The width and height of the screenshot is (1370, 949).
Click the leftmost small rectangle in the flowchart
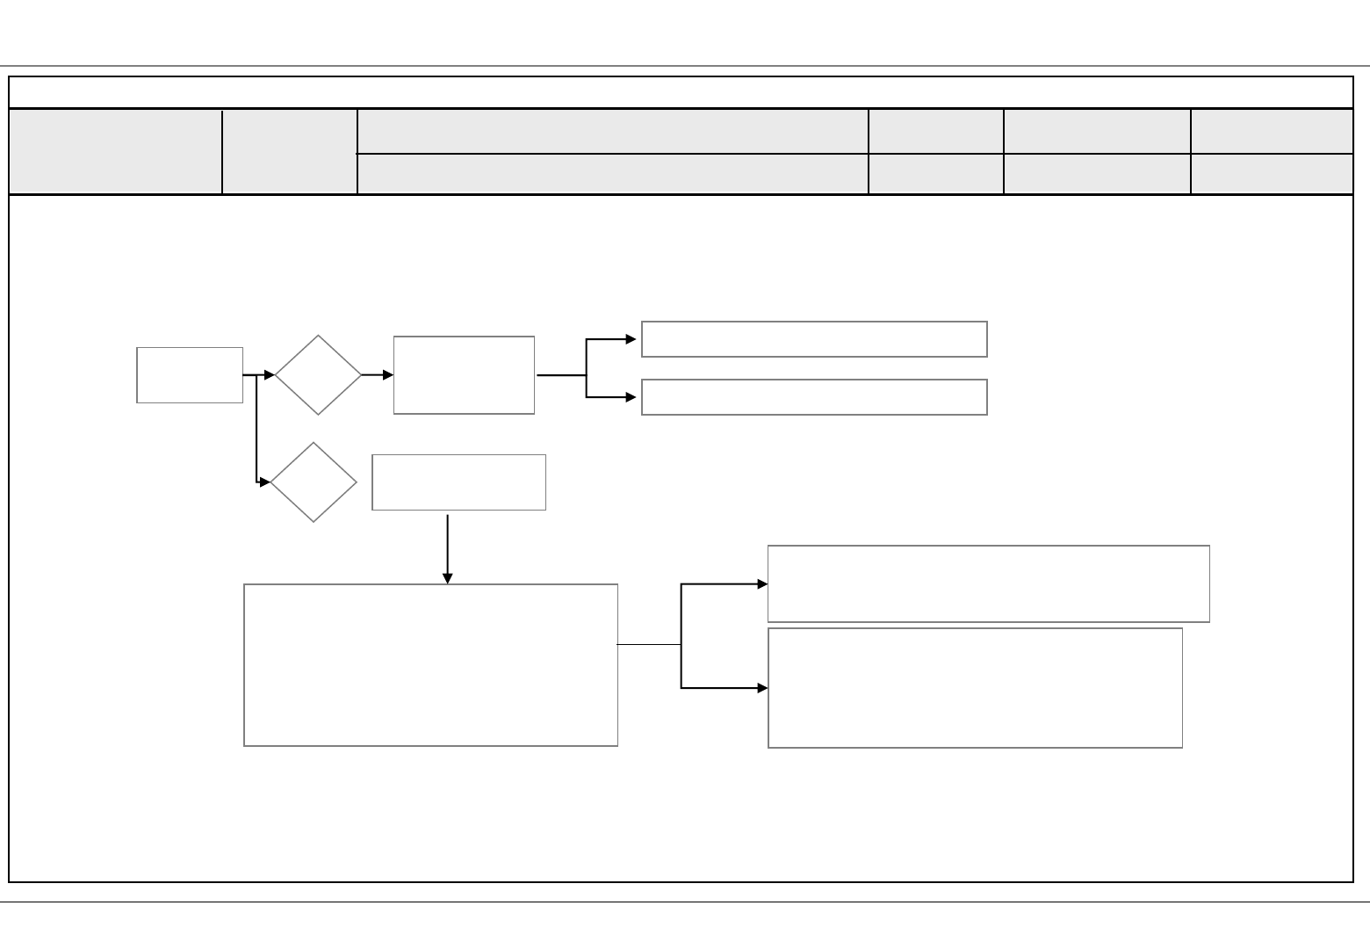190,375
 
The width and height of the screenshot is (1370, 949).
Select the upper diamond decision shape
318,375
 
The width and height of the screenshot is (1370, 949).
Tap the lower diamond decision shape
314,482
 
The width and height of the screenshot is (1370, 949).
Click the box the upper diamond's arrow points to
464,375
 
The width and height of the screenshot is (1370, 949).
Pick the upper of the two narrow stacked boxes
814,339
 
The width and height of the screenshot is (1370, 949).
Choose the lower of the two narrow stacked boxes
814,397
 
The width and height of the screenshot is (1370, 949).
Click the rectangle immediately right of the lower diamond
458,482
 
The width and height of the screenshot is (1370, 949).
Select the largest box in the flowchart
430,665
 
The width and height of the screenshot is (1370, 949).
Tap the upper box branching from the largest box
988,583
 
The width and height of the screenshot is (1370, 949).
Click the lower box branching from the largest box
975,688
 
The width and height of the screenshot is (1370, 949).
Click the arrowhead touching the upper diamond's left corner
269,375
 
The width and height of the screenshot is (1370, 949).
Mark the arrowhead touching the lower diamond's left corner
265,482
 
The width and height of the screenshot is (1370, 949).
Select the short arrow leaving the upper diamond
377,375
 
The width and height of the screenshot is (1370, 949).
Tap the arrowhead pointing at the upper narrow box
631,339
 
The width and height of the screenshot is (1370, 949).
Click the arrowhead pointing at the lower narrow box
631,397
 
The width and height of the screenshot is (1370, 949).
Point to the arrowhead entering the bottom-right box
762,688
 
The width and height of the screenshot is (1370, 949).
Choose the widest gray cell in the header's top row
612,132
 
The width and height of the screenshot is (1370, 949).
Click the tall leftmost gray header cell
115,151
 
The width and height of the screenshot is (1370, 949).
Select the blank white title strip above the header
681,92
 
